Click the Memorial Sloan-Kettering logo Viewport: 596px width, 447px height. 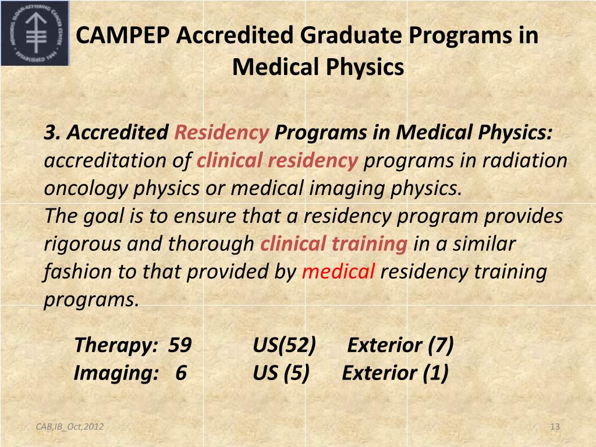pyautogui.click(x=34, y=33)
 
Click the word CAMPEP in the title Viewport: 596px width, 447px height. pyautogui.click(x=123, y=36)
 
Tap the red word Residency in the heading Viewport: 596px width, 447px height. pyautogui.click(x=221, y=133)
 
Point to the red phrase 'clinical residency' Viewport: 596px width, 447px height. pyautogui.click(x=277, y=160)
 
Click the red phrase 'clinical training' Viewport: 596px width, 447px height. pyautogui.click(x=334, y=244)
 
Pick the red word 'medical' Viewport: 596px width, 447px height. pyautogui.click(x=338, y=271)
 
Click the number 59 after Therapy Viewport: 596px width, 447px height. pyautogui.click(x=180, y=345)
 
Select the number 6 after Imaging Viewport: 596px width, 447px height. pyautogui.click(x=180, y=372)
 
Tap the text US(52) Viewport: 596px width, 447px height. pyautogui.click(x=284, y=345)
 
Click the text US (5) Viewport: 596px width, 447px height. pyautogui.click(x=281, y=372)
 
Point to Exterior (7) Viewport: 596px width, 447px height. pyautogui.click(x=400, y=345)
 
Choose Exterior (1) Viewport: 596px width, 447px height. pyautogui.click(x=395, y=372)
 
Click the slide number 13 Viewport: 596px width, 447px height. pyautogui.click(x=555, y=427)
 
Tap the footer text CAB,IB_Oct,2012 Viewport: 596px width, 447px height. pyautogui.click(x=70, y=427)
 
